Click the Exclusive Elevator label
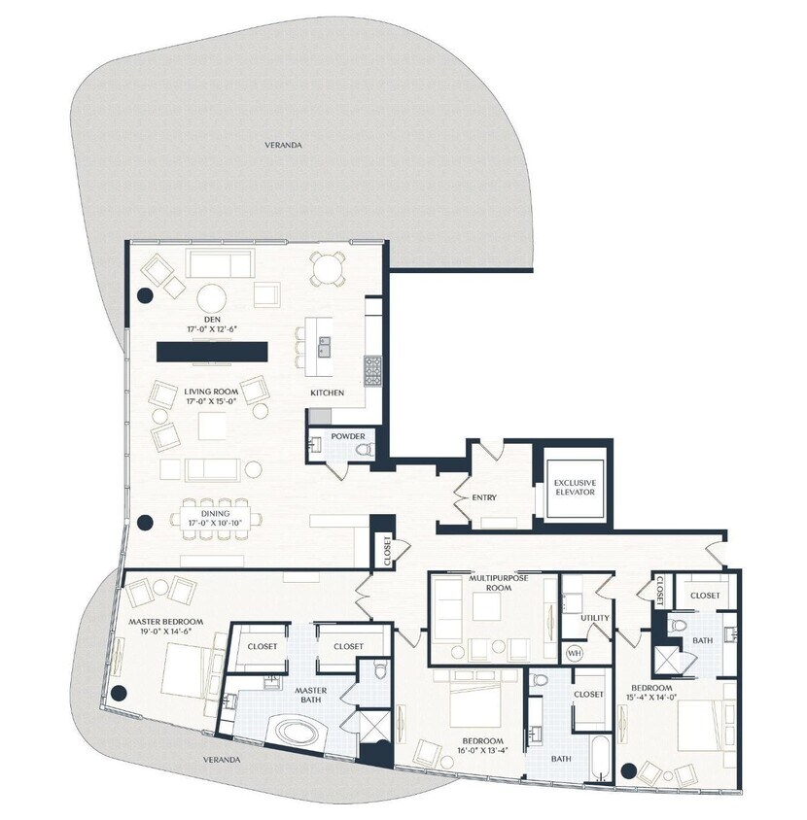tap(575, 487)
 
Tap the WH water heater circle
tap(574, 652)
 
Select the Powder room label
tap(347, 436)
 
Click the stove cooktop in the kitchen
tap(373, 368)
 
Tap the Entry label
tap(484, 498)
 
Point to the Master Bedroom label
tap(166, 621)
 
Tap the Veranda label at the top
tap(283, 145)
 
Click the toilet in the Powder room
tap(364, 450)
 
